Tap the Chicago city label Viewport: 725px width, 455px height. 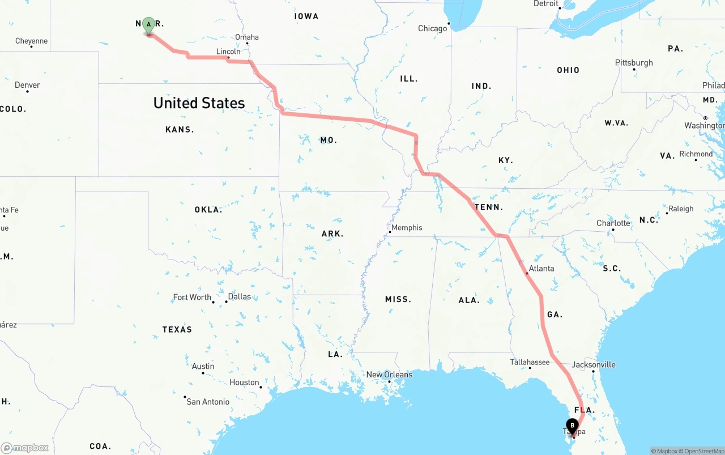coord(433,28)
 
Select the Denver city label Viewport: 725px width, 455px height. coord(27,85)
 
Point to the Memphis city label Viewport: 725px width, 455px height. coord(407,228)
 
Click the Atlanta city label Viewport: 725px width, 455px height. coord(541,268)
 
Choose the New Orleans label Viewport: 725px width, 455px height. coord(389,375)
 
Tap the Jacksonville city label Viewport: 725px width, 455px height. coord(593,364)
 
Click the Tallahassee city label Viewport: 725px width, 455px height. coord(530,362)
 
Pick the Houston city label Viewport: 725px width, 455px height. coord(244,382)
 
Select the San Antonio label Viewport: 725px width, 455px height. coord(208,402)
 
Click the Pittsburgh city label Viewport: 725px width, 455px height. coord(634,62)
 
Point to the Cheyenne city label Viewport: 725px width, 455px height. coord(31,41)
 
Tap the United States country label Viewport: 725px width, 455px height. coord(199,103)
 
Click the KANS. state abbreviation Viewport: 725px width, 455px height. coord(180,130)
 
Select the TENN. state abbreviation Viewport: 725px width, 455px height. coord(488,207)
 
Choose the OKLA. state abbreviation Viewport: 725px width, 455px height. coord(208,210)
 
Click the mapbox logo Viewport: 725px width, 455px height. coord(25,448)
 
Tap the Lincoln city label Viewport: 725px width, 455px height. coord(228,52)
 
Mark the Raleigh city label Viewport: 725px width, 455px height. coord(680,209)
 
